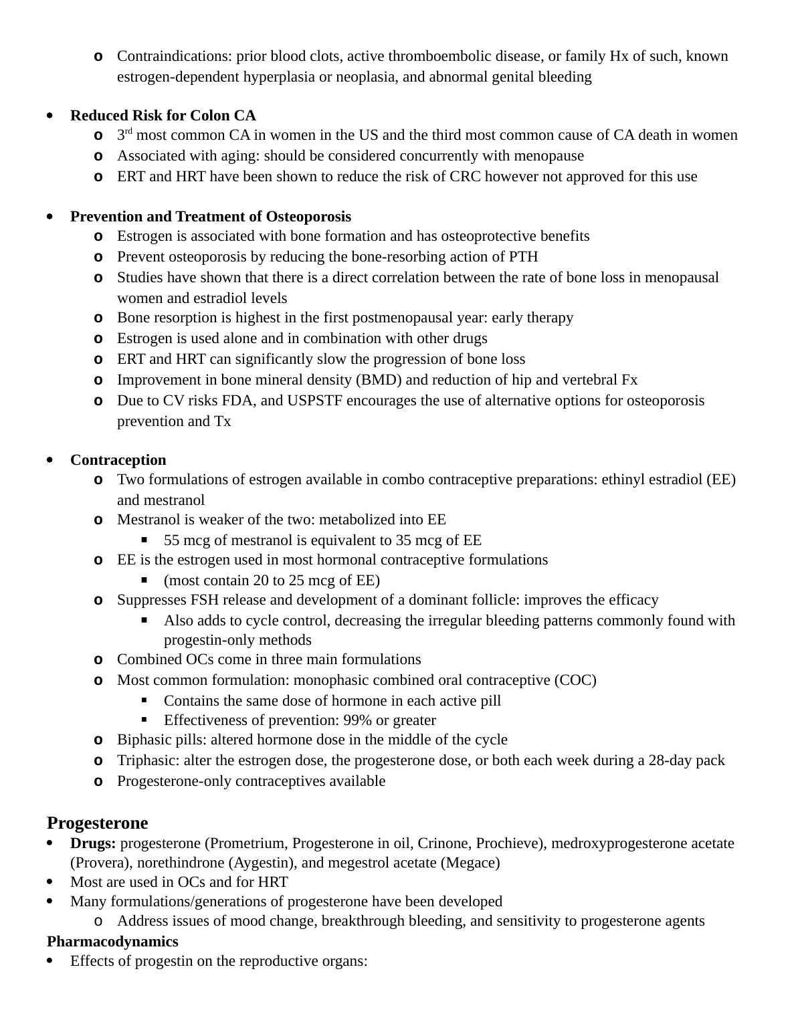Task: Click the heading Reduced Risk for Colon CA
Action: pyautogui.click(x=163, y=116)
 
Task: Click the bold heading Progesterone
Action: pyautogui.click(x=97, y=823)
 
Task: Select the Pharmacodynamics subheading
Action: pyautogui.click(x=112, y=942)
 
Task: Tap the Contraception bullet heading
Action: pyautogui.click(x=118, y=460)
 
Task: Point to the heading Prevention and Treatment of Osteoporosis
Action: pyautogui.click(x=210, y=217)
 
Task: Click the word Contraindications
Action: pyautogui.click(x=173, y=56)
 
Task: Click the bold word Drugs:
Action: pyautogui.click(x=93, y=843)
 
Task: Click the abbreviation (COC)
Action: pyautogui.click(x=575, y=680)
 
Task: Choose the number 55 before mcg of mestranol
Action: pyautogui.click(x=172, y=540)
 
